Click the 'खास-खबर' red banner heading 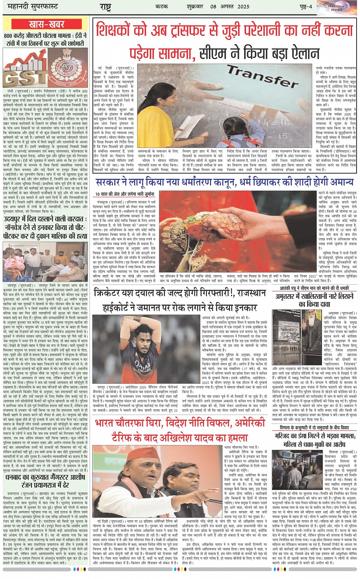pos(46,25)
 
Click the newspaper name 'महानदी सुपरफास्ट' pos(28,6)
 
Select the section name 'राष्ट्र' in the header pos(106,6)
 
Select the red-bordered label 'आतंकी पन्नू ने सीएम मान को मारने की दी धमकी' pos(314,288)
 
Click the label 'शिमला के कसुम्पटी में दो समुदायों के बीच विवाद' pos(314,428)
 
